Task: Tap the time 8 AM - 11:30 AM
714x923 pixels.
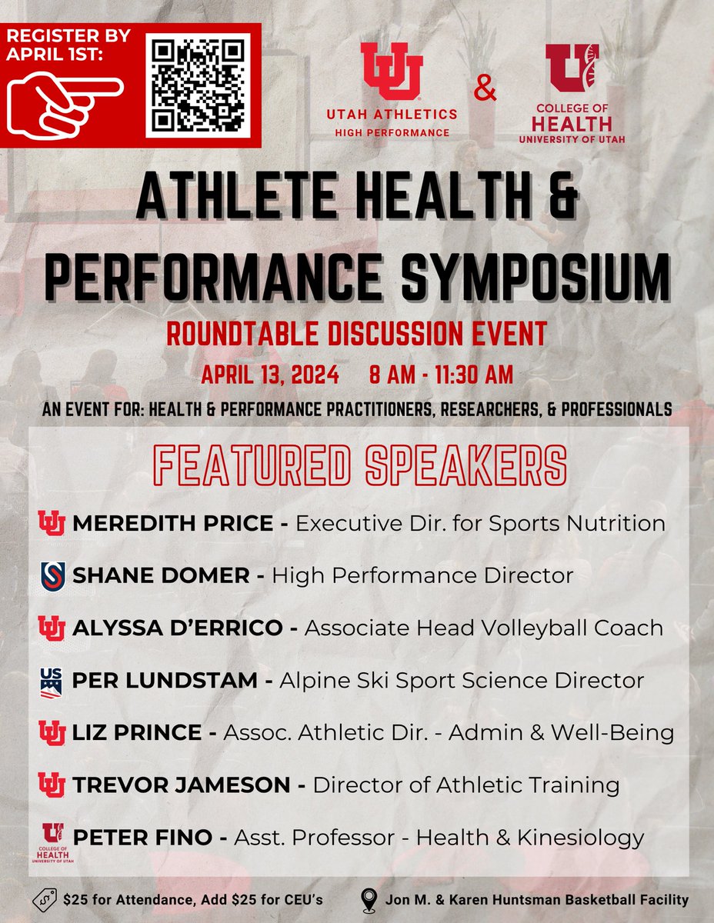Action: (441, 376)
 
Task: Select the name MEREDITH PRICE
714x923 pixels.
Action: (172, 524)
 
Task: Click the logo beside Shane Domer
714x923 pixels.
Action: (52, 575)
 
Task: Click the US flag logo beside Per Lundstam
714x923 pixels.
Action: (52, 681)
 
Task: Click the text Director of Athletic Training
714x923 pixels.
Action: (466, 785)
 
